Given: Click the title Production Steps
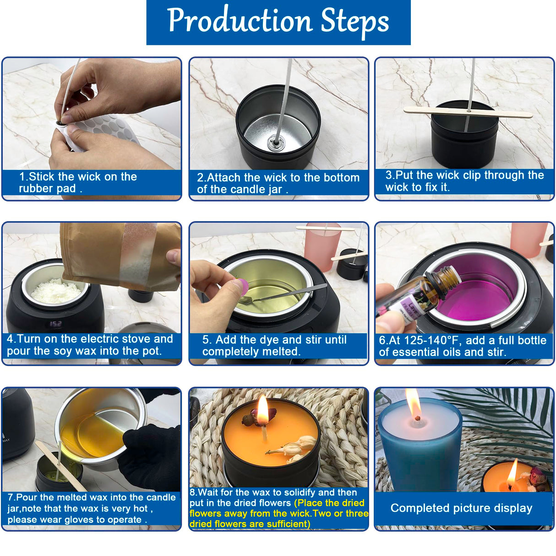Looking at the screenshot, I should click(278, 21).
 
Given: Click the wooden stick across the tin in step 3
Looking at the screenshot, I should click(467, 112).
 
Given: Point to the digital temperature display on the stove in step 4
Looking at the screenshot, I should click(56, 323).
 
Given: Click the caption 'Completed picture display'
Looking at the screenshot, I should click(461, 508).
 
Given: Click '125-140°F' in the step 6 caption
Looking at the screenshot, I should click(425, 340).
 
